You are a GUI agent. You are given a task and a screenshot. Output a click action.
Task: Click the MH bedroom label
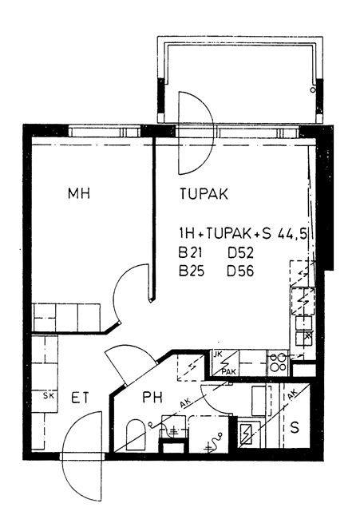[x=79, y=193]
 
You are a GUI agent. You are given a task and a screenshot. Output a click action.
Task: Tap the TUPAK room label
[x=204, y=194]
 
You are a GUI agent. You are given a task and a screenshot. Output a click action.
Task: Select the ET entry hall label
[x=80, y=398]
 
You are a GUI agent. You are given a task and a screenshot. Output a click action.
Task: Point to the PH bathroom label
[x=152, y=397]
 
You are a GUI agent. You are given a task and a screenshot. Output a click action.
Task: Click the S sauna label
[x=295, y=428]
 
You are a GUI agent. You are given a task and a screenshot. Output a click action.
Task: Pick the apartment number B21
[x=190, y=252]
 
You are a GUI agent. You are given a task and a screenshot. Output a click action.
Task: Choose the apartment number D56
[x=240, y=271]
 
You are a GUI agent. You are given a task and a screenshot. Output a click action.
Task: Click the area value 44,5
[x=292, y=234]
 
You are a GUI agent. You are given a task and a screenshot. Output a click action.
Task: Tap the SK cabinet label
[x=49, y=395]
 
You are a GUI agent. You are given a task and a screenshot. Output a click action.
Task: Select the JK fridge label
[x=218, y=355]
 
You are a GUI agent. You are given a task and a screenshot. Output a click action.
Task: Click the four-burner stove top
[x=278, y=363]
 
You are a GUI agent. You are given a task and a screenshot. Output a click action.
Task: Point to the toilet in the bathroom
[x=136, y=434]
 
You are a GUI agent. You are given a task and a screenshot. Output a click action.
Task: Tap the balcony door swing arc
[x=210, y=133]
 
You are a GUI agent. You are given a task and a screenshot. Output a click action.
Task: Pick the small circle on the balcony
[x=313, y=89]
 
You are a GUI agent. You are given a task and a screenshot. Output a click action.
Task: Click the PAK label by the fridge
[x=229, y=372]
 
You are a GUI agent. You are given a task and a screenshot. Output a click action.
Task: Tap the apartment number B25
[x=192, y=271]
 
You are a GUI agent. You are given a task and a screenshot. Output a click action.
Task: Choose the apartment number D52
[x=240, y=252]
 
